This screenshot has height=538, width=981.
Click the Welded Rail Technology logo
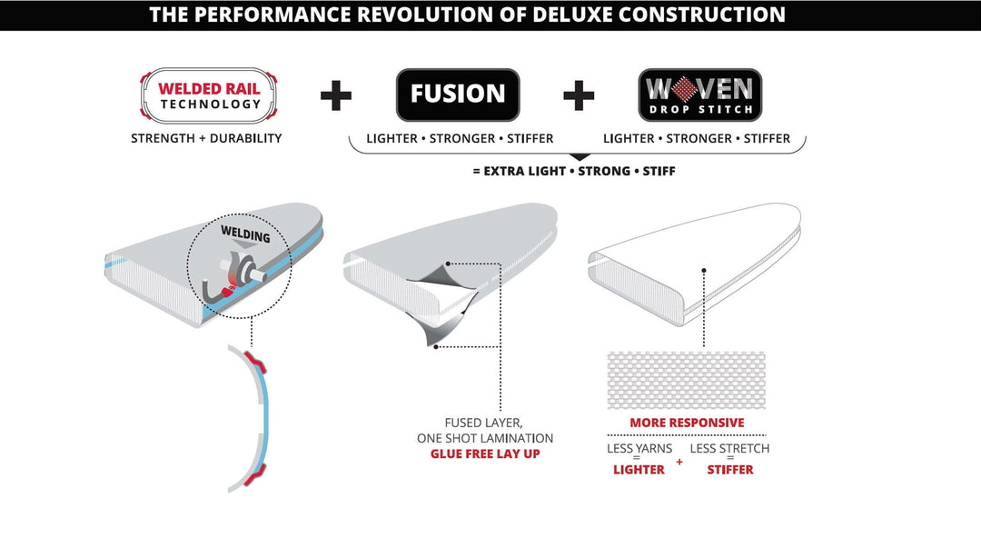pos(208,95)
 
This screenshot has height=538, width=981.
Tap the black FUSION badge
pos(458,95)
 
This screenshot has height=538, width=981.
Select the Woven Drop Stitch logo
pos(700,95)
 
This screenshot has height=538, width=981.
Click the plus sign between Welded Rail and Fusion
pos(336,95)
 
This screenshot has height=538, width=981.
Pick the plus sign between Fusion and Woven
pos(579,95)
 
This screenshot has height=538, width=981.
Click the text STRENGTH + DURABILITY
pos(206,138)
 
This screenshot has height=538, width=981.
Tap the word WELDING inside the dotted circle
pos(245,234)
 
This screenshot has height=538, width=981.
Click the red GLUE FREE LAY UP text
pos(485,454)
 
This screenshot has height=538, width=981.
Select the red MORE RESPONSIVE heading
pos(687,423)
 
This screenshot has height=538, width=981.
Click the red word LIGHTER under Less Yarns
pos(639,470)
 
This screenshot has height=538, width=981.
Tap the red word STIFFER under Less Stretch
pos(730,470)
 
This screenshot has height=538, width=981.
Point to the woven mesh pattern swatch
pos(687,380)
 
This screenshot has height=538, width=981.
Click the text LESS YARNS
pos(639,448)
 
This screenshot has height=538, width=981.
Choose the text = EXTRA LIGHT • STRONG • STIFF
pos(574,171)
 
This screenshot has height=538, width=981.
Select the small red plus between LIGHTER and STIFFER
pos(679,463)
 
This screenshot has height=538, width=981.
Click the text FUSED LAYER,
pos(483,423)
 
